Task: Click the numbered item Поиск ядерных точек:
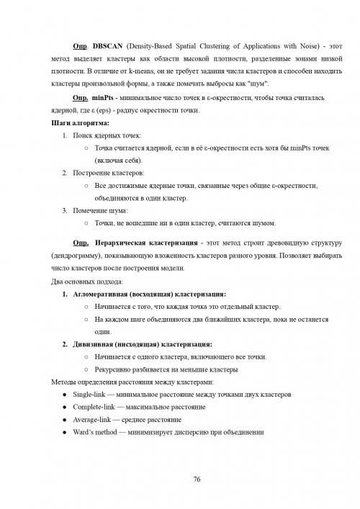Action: pyautogui.click(x=107, y=136)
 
